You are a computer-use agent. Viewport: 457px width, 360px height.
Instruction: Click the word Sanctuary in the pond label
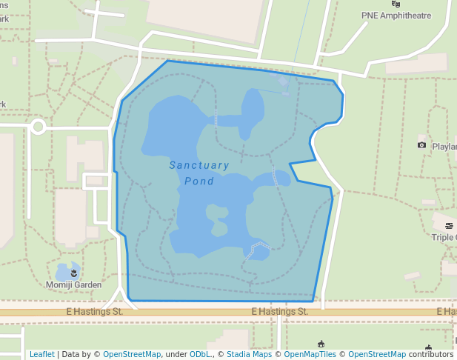point(199,165)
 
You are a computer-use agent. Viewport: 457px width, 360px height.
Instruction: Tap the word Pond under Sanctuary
point(199,181)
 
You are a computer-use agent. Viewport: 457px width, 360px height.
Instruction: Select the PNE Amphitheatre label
point(396,15)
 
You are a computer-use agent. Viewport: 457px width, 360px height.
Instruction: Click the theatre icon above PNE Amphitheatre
point(396,4)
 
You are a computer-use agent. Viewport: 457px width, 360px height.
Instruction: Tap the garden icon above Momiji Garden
point(73,274)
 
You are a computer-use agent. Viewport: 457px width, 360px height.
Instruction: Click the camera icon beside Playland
point(422,145)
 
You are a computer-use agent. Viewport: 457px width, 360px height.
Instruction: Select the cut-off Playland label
point(444,146)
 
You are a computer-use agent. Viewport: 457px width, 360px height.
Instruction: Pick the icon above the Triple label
point(448,225)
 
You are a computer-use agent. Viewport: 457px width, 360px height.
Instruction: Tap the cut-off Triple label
point(444,237)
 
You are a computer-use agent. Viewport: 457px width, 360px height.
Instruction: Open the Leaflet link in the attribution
point(41,354)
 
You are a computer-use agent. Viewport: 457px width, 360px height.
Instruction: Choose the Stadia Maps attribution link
point(249,354)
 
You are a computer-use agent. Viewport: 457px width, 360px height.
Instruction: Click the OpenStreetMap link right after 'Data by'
point(132,354)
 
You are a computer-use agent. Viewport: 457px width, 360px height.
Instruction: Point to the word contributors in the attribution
point(431,354)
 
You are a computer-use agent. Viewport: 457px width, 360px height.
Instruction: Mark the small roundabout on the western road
point(38,127)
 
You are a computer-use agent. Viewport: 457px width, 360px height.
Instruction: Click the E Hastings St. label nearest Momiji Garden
point(94,312)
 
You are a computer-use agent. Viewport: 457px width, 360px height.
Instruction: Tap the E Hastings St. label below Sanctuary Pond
point(279,312)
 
